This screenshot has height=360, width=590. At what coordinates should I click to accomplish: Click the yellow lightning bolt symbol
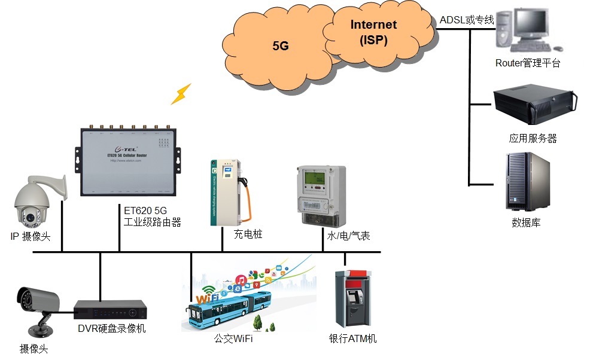[x=181, y=94]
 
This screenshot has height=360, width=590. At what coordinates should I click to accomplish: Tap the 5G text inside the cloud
[x=281, y=45]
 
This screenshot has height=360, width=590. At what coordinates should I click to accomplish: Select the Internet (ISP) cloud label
[x=373, y=32]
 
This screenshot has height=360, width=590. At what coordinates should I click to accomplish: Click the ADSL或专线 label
[x=467, y=20]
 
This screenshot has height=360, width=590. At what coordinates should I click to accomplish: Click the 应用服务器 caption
[x=533, y=138]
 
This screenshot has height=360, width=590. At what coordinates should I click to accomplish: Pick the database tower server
[x=527, y=181]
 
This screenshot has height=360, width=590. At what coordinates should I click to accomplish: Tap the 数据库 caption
[x=526, y=223]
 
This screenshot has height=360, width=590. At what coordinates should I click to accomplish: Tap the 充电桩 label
[x=248, y=234]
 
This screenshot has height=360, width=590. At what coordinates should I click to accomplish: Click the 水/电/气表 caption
[x=348, y=236]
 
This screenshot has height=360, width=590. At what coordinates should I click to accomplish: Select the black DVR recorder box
[x=110, y=309]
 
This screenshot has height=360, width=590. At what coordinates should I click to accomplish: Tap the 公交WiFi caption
[x=233, y=339]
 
